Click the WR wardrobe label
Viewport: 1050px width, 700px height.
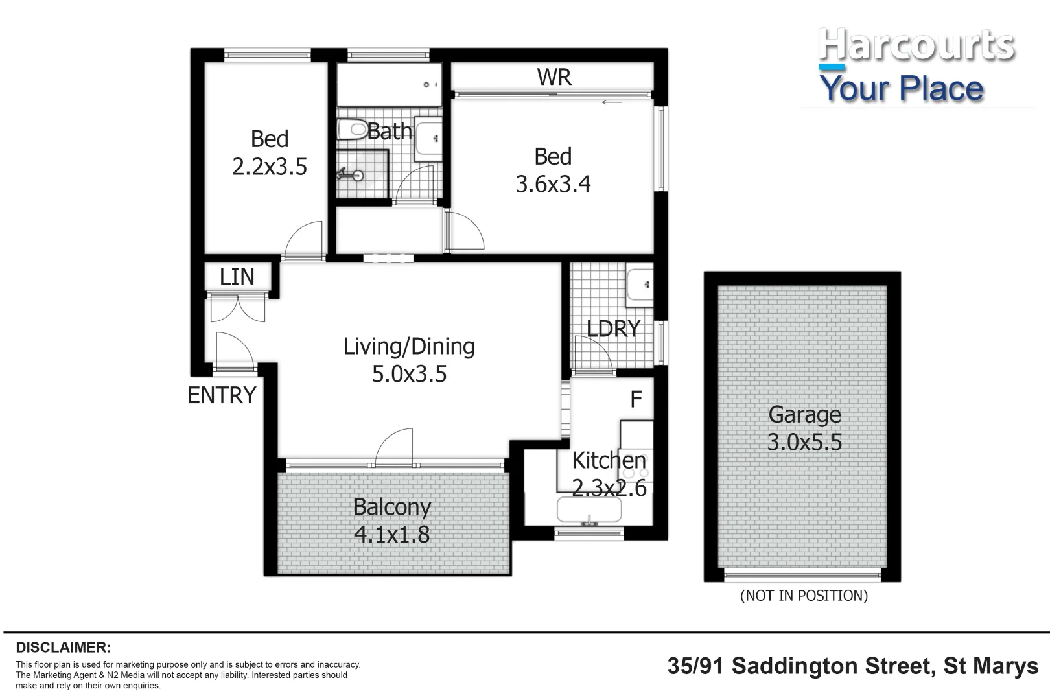tap(554, 77)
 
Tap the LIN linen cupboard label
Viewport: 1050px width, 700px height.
tap(237, 277)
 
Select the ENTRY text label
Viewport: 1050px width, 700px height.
tap(222, 395)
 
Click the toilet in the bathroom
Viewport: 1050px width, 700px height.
tap(352, 129)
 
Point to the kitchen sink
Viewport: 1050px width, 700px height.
tap(589, 510)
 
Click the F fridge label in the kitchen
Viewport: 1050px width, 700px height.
tap(636, 399)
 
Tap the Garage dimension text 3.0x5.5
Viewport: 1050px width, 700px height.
tap(804, 442)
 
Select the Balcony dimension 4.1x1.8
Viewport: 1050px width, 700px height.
tap(392, 535)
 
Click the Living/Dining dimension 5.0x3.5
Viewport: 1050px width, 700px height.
tap(409, 374)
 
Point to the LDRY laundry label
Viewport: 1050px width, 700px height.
tap(613, 329)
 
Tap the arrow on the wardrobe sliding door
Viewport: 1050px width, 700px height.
tap(611, 102)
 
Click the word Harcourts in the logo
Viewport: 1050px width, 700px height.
tap(915, 45)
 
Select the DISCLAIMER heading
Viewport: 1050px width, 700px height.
tap(64, 647)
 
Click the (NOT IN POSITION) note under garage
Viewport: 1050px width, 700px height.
tap(804, 596)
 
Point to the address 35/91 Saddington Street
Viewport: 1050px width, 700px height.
tap(852, 666)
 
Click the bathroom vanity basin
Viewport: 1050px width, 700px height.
tap(427, 138)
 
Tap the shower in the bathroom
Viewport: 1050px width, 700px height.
tap(360, 174)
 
